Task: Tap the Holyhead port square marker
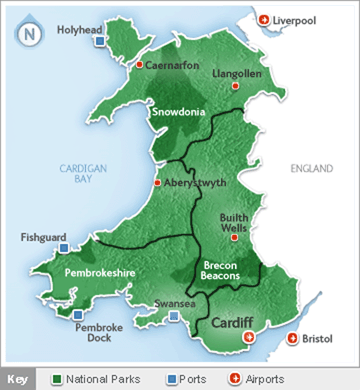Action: pyautogui.click(x=98, y=42)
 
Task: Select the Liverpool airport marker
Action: pyautogui.click(x=264, y=19)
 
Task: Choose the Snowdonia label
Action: pyautogui.click(x=179, y=113)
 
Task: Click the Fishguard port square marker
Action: pyautogui.click(x=63, y=248)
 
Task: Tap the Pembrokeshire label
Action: pyautogui.click(x=92, y=271)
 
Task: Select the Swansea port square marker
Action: pyautogui.click(x=175, y=317)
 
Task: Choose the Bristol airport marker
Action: pyautogui.click(x=292, y=339)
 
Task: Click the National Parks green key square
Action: pyautogui.click(x=58, y=379)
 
